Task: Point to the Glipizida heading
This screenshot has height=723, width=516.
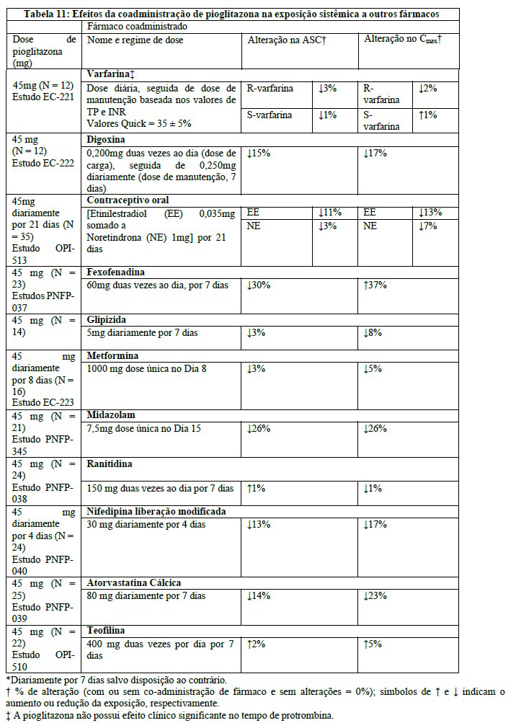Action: [x=108, y=320]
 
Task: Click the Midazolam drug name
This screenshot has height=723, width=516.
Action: [x=110, y=415]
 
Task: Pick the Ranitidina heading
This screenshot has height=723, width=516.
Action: [x=110, y=463]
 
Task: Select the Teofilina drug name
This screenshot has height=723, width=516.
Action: [x=107, y=630]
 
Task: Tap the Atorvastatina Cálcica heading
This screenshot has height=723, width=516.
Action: [x=133, y=582]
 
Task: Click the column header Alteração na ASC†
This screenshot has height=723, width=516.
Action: [x=287, y=40]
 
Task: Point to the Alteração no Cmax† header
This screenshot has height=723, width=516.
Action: [x=402, y=40]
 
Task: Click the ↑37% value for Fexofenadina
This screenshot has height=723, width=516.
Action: [x=375, y=285]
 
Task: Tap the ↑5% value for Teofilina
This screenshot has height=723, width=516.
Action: [x=373, y=644]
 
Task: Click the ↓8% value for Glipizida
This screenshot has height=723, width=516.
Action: [x=373, y=333]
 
